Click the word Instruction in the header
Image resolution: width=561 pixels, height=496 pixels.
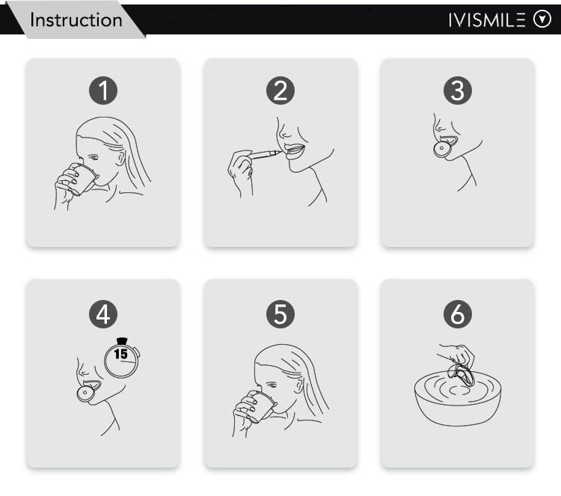(x=76, y=19)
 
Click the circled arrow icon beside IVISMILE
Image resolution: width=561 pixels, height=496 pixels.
(x=542, y=20)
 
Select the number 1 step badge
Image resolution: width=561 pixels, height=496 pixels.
(x=103, y=91)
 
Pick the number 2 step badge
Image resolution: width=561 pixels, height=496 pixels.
(x=280, y=91)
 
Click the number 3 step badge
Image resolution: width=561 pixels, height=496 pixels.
(x=458, y=91)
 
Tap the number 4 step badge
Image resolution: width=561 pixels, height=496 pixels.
(x=103, y=314)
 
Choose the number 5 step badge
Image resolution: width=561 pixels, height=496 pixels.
(x=280, y=314)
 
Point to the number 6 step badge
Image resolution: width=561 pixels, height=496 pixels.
(x=458, y=314)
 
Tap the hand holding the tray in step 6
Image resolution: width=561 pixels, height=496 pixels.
(x=456, y=355)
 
